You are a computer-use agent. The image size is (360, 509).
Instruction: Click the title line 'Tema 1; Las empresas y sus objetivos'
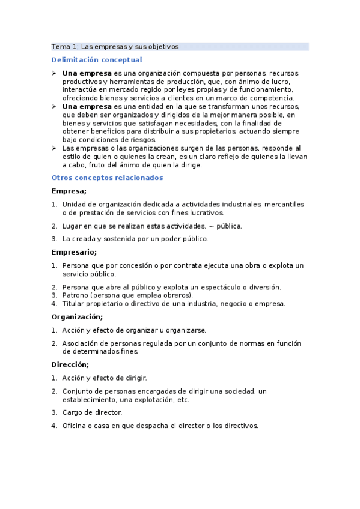click(x=115, y=46)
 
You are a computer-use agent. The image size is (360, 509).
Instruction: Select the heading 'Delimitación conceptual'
click(x=97, y=59)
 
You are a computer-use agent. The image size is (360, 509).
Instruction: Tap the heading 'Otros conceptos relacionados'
click(x=107, y=178)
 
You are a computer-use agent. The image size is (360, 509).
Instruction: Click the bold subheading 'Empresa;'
click(x=69, y=191)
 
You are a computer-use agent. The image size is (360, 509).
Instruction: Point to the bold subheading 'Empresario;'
click(x=74, y=252)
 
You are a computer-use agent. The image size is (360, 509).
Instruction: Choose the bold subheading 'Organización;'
click(x=77, y=316)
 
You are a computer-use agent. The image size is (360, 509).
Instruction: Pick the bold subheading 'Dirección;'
click(x=70, y=364)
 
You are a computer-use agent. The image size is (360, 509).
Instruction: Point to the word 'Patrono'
click(x=75, y=295)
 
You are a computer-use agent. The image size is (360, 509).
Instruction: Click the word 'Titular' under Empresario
click(x=75, y=303)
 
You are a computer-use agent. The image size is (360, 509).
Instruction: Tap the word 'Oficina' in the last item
click(x=75, y=426)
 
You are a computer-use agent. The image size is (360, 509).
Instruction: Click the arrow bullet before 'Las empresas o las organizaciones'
click(x=54, y=148)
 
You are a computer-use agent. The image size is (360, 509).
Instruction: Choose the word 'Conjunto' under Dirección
click(x=78, y=391)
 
